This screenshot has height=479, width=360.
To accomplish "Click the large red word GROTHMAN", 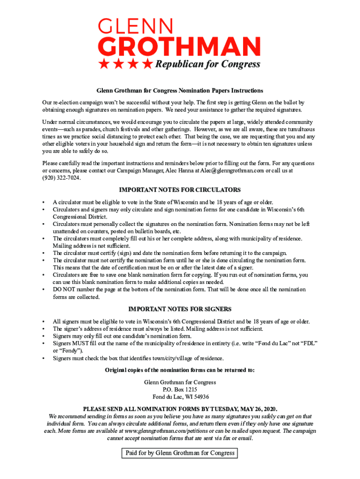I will tap(179, 47).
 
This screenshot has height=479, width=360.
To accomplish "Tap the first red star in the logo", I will tap(104, 64).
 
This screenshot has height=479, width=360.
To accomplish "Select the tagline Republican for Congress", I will tap(208, 65).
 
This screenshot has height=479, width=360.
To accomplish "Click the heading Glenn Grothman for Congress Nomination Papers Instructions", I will tap(180, 90).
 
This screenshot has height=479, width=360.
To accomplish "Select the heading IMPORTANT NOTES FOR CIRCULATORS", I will tap(180, 190).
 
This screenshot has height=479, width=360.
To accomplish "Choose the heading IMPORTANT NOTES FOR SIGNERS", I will tap(180, 309).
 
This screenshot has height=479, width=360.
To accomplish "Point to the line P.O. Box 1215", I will tap(180, 390).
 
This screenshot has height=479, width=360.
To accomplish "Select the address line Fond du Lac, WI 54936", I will tap(180, 397).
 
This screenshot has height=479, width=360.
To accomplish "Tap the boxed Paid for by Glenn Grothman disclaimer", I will tap(180, 453).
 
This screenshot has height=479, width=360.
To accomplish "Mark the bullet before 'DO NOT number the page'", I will tap(43, 290).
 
